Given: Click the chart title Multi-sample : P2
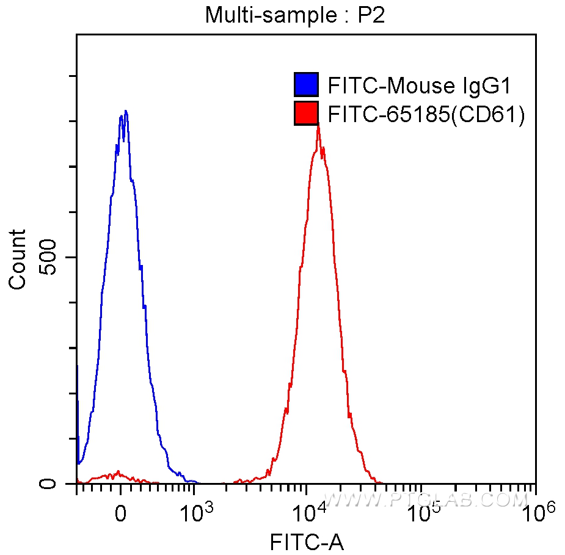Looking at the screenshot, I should coord(295,14).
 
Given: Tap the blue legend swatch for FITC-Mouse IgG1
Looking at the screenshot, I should coord(306,85).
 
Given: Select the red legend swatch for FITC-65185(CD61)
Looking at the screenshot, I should coord(306,113).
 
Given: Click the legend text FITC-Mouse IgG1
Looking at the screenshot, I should coord(418,85).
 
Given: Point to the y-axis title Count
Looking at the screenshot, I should coord(18,259).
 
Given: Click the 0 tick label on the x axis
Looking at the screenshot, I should coord(121,512).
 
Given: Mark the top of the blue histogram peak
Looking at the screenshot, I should coord(125,111).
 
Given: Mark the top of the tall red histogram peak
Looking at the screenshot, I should coord(318,125).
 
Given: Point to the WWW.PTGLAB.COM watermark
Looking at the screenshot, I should coord(425,499).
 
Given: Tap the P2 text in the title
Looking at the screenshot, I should coord(371,14).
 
